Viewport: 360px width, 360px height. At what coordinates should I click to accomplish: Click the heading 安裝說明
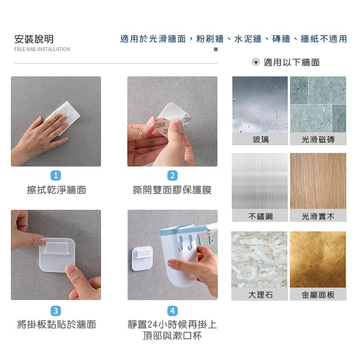pyautogui.click(x=34, y=39)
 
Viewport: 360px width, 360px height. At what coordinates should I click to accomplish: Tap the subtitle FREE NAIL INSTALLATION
pyautogui.click(x=42, y=49)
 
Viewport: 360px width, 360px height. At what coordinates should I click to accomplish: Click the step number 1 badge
pyautogui.click(x=56, y=175)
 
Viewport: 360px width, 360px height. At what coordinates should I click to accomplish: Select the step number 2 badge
pyautogui.click(x=172, y=175)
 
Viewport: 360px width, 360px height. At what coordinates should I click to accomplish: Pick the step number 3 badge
pyautogui.click(x=56, y=310)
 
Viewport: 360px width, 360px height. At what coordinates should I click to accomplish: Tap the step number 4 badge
pyautogui.click(x=172, y=310)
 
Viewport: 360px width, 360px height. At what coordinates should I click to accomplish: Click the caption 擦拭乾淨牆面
pyautogui.click(x=56, y=190)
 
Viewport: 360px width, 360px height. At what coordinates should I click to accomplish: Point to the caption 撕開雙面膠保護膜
pyautogui.click(x=172, y=190)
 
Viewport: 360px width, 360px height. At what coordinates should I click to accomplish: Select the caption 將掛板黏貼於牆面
pyautogui.click(x=56, y=324)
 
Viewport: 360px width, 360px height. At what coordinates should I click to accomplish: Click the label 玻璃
pyautogui.click(x=260, y=139)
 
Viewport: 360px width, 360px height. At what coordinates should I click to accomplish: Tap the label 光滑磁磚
pyautogui.click(x=318, y=139)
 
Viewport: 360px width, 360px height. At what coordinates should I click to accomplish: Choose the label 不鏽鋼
pyautogui.click(x=260, y=216)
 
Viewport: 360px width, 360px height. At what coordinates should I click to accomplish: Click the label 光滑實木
pyautogui.click(x=318, y=216)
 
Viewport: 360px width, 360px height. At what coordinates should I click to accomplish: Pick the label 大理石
pyautogui.click(x=260, y=295)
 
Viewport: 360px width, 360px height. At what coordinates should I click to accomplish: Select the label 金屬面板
pyautogui.click(x=318, y=295)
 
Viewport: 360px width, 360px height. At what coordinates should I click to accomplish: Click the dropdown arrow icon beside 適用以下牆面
pyautogui.click(x=256, y=62)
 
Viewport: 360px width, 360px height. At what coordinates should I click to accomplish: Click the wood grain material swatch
pyautogui.click(x=318, y=180)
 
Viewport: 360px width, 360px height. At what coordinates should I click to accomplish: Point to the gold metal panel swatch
pyautogui.click(x=318, y=259)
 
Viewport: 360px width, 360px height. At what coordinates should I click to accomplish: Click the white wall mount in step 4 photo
pyautogui.click(x=141, y=259)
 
